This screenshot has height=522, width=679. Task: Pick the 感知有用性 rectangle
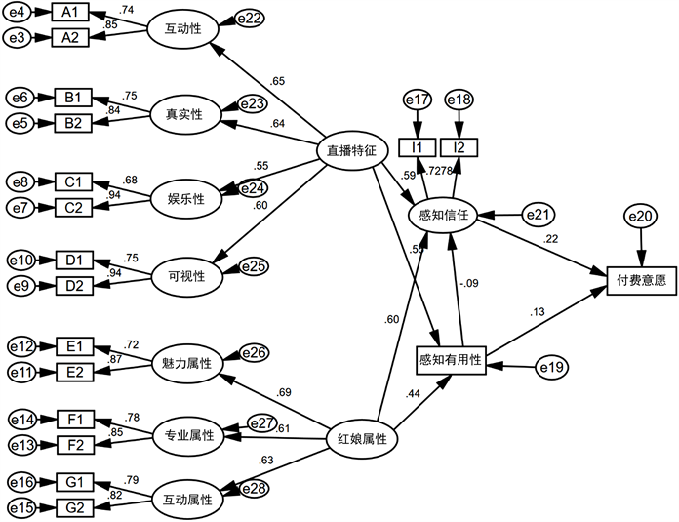[x=450, y=361]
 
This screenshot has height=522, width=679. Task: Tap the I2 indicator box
[x=458, y=146]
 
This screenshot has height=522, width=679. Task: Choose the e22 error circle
[x=249, y=20]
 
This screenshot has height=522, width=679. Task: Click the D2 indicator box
[x=73, y=285]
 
